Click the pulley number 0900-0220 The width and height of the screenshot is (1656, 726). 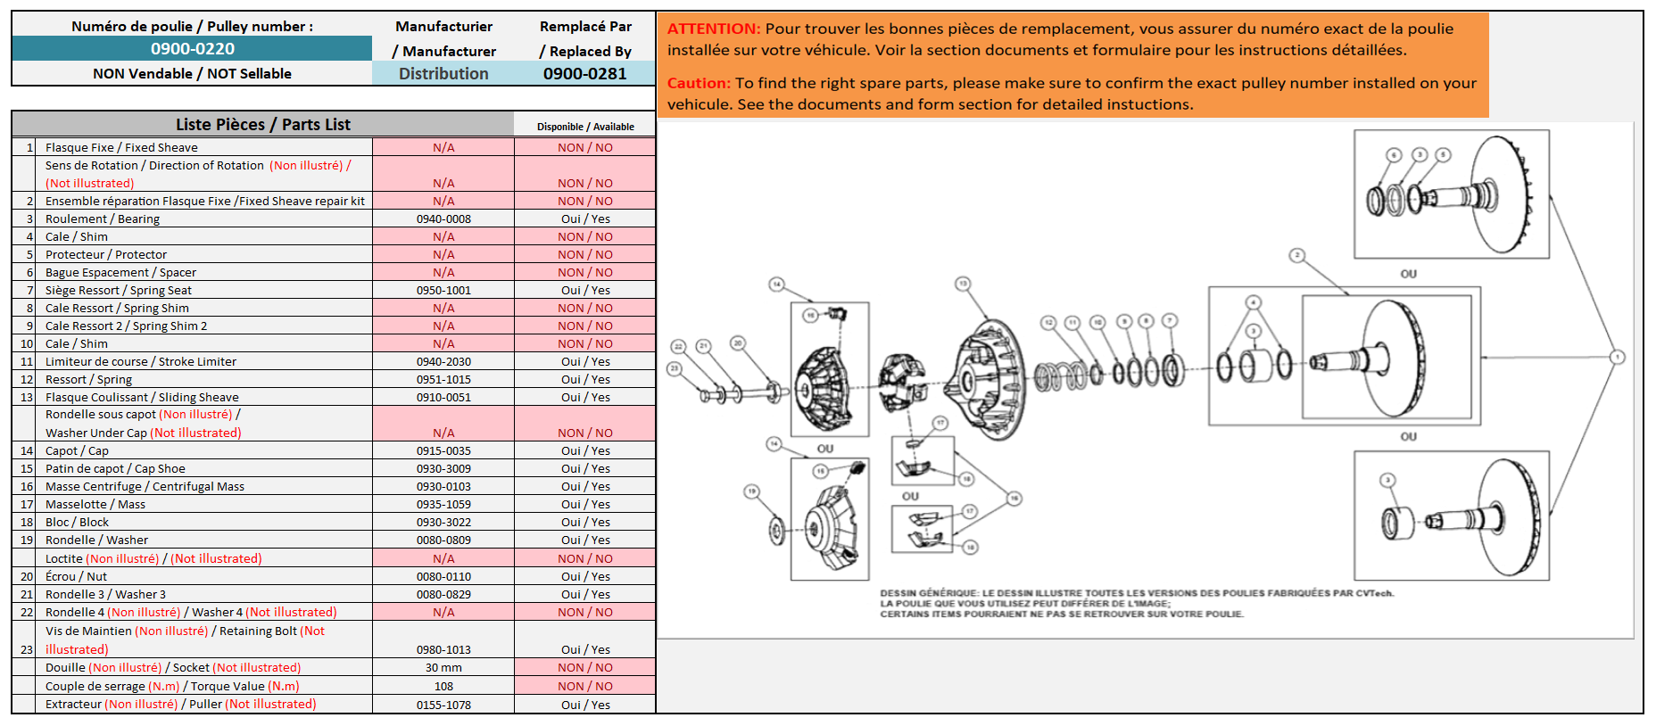tap(192, 49)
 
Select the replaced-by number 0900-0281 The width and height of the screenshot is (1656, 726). tap(584, 74)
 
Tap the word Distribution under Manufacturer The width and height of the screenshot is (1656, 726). tap(443, 74)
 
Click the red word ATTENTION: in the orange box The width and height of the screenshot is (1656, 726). tap(714, 29)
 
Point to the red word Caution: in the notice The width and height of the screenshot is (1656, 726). tap(699, 83)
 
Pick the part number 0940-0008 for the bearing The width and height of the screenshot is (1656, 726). tap(443, 219)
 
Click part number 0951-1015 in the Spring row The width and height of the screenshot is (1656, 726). tap(443, 379)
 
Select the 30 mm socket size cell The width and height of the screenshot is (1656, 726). tap(443, 667)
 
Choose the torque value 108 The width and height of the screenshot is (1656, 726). tap(443, 686)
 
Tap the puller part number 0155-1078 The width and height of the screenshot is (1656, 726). tap(443, 705)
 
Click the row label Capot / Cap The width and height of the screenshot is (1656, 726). tap(77, 450)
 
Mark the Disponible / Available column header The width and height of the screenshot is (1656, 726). tap(585, 127)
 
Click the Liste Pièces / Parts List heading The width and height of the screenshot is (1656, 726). tap(263, 125)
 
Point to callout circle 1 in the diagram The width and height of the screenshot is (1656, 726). tap(1617, 357)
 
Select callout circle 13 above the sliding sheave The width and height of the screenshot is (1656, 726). tap(963, 285)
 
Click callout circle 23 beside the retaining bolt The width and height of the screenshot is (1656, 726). tap(675, 367)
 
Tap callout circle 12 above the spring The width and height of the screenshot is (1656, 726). tap(1048, 322)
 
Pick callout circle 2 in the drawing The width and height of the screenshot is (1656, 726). tap(1297, 256)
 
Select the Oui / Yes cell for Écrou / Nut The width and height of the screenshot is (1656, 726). tap(585, 576)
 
